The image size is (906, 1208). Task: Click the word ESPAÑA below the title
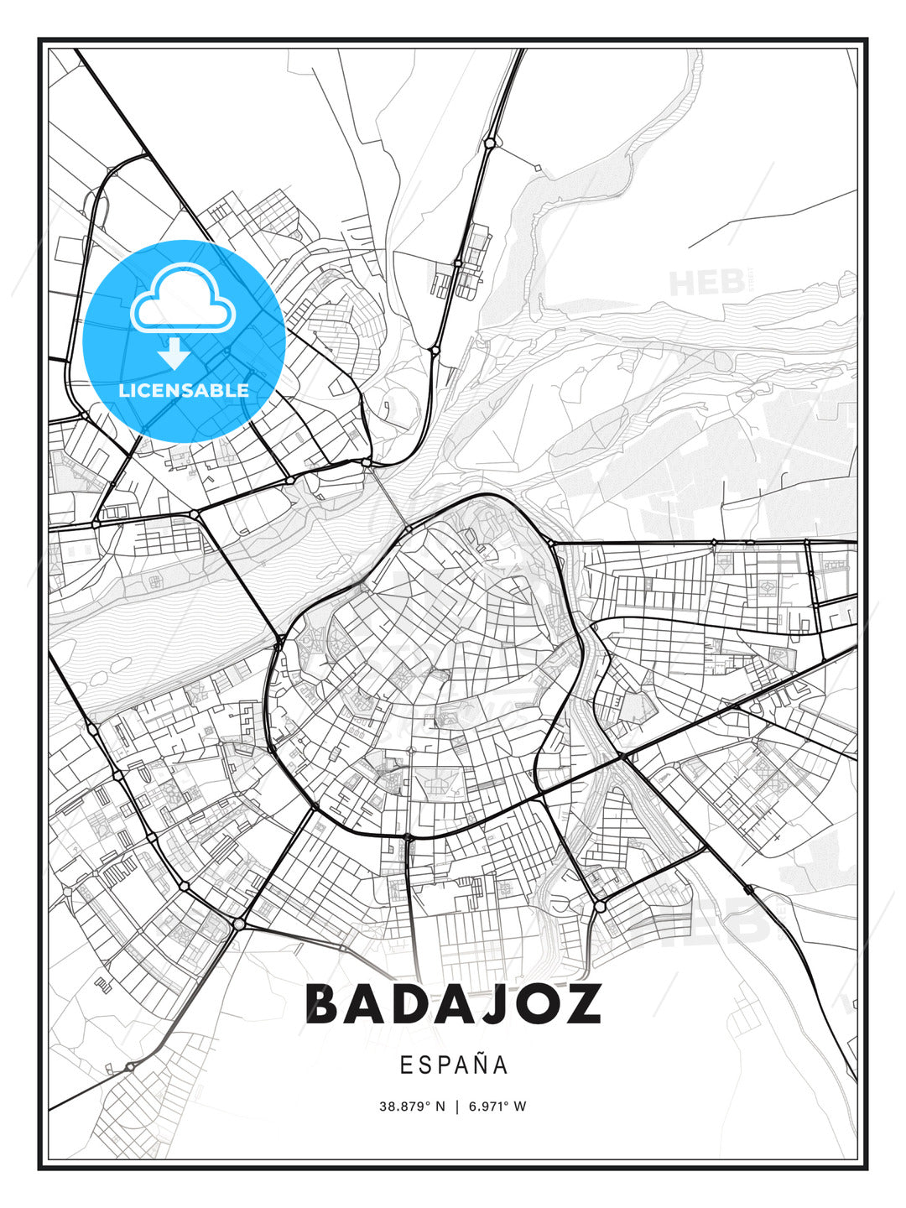click(453, 1065)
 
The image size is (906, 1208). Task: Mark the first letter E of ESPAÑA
click(406, 1065)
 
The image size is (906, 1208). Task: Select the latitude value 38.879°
click(404, 1106)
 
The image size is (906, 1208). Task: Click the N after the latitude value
click(441, 1106)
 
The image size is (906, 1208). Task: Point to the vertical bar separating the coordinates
click(457, 1106)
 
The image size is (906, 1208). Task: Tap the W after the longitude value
click(521, 1106)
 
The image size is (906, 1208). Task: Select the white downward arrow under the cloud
click(174, 353)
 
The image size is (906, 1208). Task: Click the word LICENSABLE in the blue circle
click(184, 390)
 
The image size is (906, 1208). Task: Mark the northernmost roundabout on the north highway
click(489, 143)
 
